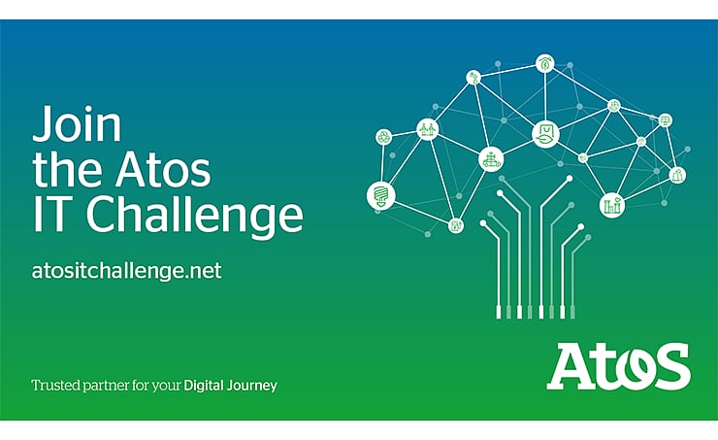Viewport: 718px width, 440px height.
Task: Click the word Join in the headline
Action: pyautogui.click(x=78, y=127)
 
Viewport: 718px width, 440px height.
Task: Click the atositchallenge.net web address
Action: pyautogui.click(x=127, y=269)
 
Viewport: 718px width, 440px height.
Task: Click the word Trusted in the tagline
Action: pyautogui.click(x=54, y=386)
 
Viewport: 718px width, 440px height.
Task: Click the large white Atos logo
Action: pyautogui.click(x=618, y=365)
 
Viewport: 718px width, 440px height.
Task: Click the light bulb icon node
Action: pyautogui.click(x=380, y=194)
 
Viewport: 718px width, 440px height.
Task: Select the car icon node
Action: pyautogui.click(x=493, y=157)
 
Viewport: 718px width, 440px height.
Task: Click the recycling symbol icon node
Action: pyautogui.click(x=384, y=138)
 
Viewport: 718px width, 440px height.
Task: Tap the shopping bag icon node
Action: pyautogui.click(x=545, y=134)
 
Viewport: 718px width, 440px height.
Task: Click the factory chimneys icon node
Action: pyautogui.click(x=611, y=203)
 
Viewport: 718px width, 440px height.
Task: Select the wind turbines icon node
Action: pyautogui.click(x=428, y=128)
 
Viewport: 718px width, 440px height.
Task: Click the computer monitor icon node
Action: pyautogui.click(x=665, y=120)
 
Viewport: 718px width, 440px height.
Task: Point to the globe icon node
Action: pyautogui.click(x=613, y=105)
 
